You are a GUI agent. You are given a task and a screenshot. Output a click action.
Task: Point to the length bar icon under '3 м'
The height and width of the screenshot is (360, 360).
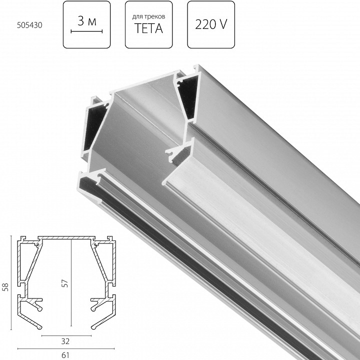pos(86,31)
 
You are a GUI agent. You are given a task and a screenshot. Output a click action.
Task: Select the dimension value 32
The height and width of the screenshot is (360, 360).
pos(65,342)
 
